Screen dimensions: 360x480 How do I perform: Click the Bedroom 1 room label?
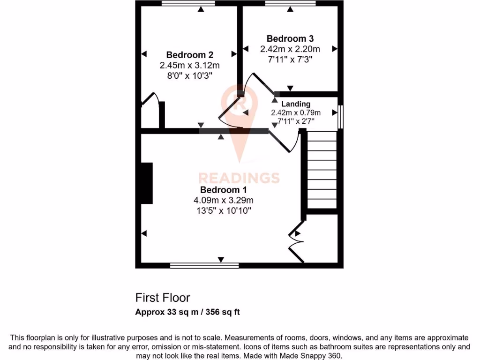point(224,190)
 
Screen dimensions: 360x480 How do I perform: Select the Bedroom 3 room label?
point(290,38)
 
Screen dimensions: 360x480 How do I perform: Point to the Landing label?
point(296,104)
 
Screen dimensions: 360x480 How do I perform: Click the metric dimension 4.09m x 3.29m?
point(224,200)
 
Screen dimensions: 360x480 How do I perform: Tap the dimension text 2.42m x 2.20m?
point(290,49)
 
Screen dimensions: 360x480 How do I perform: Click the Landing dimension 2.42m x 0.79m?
point(296,112)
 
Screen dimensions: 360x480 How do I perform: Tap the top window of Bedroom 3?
point(290,4)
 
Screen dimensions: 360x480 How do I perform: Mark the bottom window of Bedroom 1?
point(204,266)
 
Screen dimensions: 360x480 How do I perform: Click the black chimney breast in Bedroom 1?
point(147,183)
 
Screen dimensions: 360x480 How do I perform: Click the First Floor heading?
point(163,298)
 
